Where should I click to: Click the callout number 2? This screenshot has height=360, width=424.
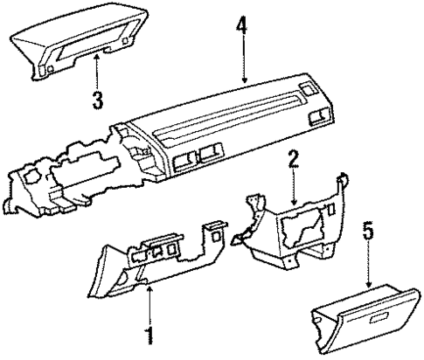[x=295, y=160]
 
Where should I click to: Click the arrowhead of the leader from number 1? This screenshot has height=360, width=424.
[x=148, y=289]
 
